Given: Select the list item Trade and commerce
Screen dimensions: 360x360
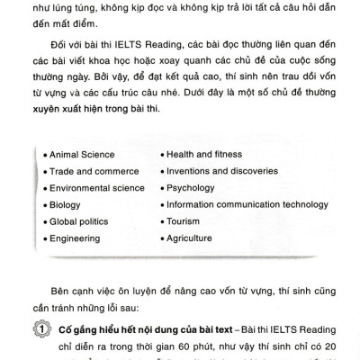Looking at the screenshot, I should point(88,171).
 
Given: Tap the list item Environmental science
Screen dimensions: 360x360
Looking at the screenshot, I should point(97,188).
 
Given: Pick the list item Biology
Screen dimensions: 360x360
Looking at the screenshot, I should point(65,205).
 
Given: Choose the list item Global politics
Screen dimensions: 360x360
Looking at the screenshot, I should point(79,222).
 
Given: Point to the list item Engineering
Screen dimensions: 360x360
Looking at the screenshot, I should point(74,238).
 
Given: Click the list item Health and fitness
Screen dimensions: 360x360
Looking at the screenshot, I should point(205,154).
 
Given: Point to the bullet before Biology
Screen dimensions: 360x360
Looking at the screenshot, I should point(44,205).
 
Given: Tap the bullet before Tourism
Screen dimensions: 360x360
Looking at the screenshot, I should point(160,222).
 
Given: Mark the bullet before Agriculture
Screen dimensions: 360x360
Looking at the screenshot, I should point(160,239).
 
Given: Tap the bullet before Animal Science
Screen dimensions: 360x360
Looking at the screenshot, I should point(44,155).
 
